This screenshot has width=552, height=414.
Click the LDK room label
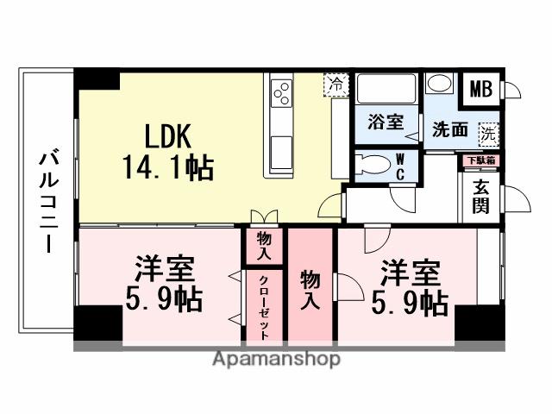(x=169, y=135)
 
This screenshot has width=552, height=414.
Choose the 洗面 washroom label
(x=450, y=131)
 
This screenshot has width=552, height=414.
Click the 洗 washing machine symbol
(x=489, y=134)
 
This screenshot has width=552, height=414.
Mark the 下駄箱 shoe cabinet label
(x=479, y=160)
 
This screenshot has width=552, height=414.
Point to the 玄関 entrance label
(x=481, y=197)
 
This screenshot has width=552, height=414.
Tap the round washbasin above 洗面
(x=440, y=85)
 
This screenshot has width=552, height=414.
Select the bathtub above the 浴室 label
(x=386, y=90)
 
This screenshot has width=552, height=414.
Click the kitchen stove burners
(x=282, y=90)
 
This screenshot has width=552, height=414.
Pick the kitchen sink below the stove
(x=281, y=151)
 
